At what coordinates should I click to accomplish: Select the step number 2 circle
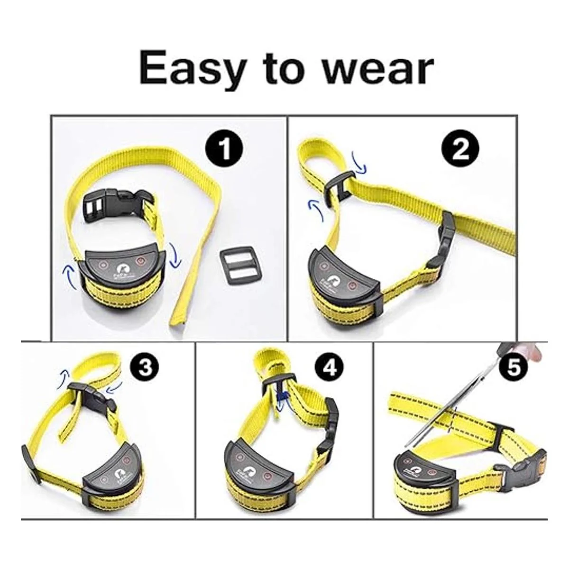460,151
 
